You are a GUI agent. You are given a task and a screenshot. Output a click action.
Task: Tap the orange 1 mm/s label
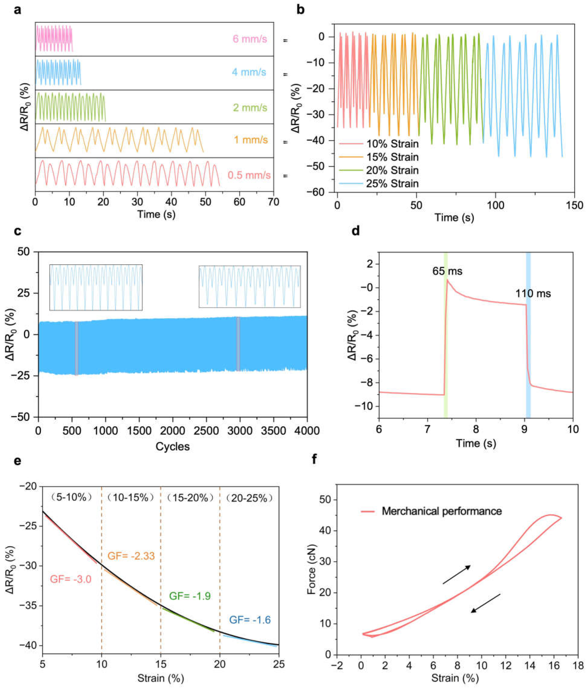[x=251, y=140]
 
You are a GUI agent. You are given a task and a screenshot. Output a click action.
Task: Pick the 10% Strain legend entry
[x=392, y=144]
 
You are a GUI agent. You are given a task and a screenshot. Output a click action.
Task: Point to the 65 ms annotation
[x=447, y=271]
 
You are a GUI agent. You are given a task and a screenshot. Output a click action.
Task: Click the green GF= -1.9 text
[x=190, y=596]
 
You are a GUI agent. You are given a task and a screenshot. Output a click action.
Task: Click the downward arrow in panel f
[x=485, y=603]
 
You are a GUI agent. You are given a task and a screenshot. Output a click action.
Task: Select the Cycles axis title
[x=173, y=447]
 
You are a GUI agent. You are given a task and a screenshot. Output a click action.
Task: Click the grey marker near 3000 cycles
[x=238, y=344]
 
